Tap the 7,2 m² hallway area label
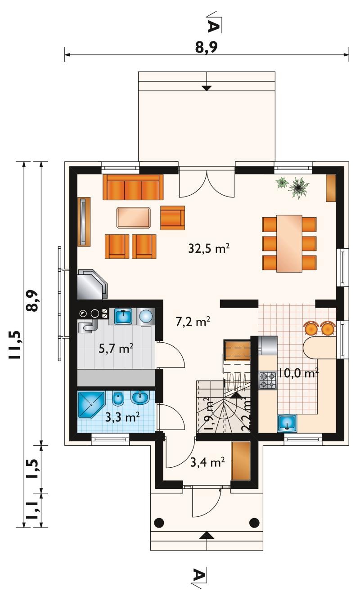pos(193,322)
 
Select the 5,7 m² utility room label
pos(116,349)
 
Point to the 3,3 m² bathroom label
pos(122,417)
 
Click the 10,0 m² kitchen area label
pos(298,372)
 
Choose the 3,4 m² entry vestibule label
pos(207,462)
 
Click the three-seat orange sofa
pos(133,187)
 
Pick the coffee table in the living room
pos(134,218)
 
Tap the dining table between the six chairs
pos(289,243)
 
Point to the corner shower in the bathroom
pos(91,405)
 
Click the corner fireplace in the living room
pos(92,284)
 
